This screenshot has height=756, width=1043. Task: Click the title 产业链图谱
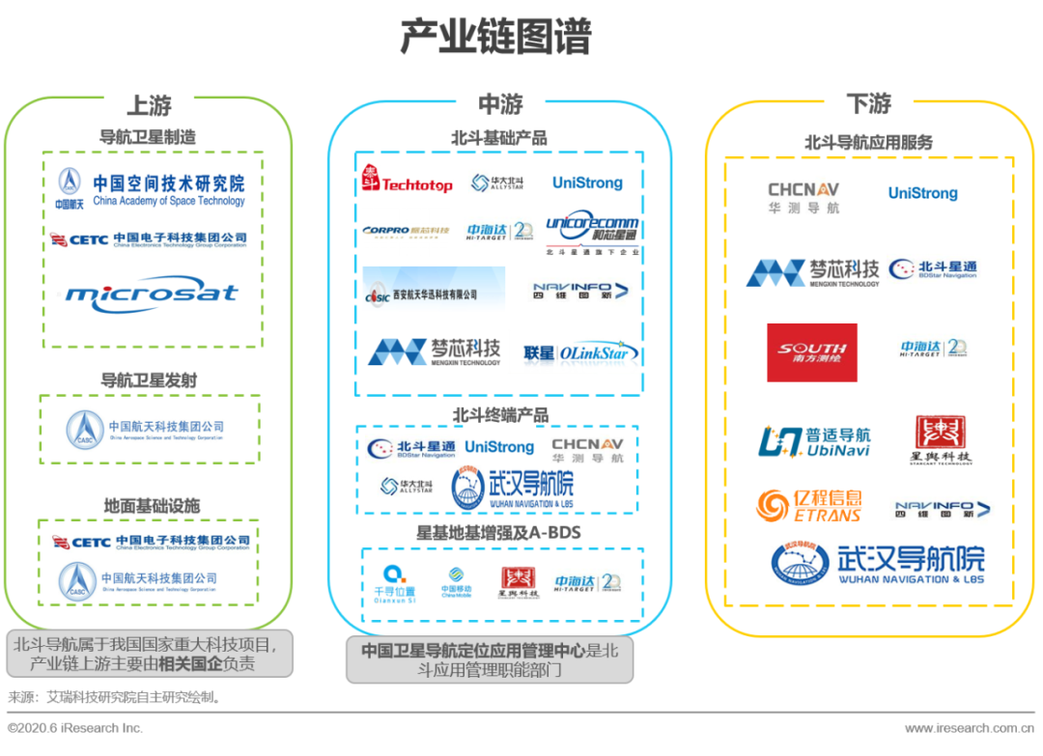[x=495, y=38]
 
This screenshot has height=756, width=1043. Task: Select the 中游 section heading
[x=499, y=104]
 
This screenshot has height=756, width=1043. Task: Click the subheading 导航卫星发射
[x=149, y=380]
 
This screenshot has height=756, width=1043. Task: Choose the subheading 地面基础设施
[x=152, y=506]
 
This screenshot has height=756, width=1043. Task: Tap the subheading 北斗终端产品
[x=500, y=415]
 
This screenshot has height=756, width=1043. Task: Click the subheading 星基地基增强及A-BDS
[x=498, y=532]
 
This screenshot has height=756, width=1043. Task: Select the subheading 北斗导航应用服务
[x=868, y=142]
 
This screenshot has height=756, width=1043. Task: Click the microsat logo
[x=152, y=294]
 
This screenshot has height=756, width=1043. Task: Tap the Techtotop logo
[x=407, y=182]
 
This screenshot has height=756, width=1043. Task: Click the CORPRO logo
[x=407, y=231]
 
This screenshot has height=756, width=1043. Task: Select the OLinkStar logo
[x=581, y=352]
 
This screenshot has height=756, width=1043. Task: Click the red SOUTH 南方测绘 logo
[x=812, y=352]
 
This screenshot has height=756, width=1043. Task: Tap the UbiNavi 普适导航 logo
[x=814, y=441]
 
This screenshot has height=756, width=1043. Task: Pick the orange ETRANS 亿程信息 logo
[x=809, y=505]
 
